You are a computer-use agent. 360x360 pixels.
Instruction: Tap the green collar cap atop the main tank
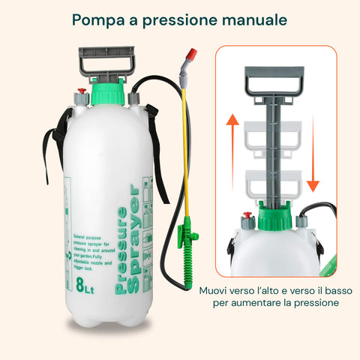[107, 94]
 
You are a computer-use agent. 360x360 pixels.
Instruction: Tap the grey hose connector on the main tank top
[134, 97]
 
